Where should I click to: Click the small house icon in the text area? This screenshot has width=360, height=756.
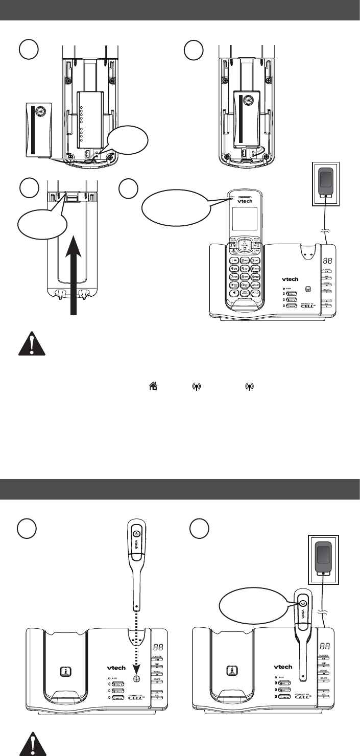point(152,388)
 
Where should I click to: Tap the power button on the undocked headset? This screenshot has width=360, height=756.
point(135,534)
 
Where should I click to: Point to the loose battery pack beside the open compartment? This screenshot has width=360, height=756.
point(39,129)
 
